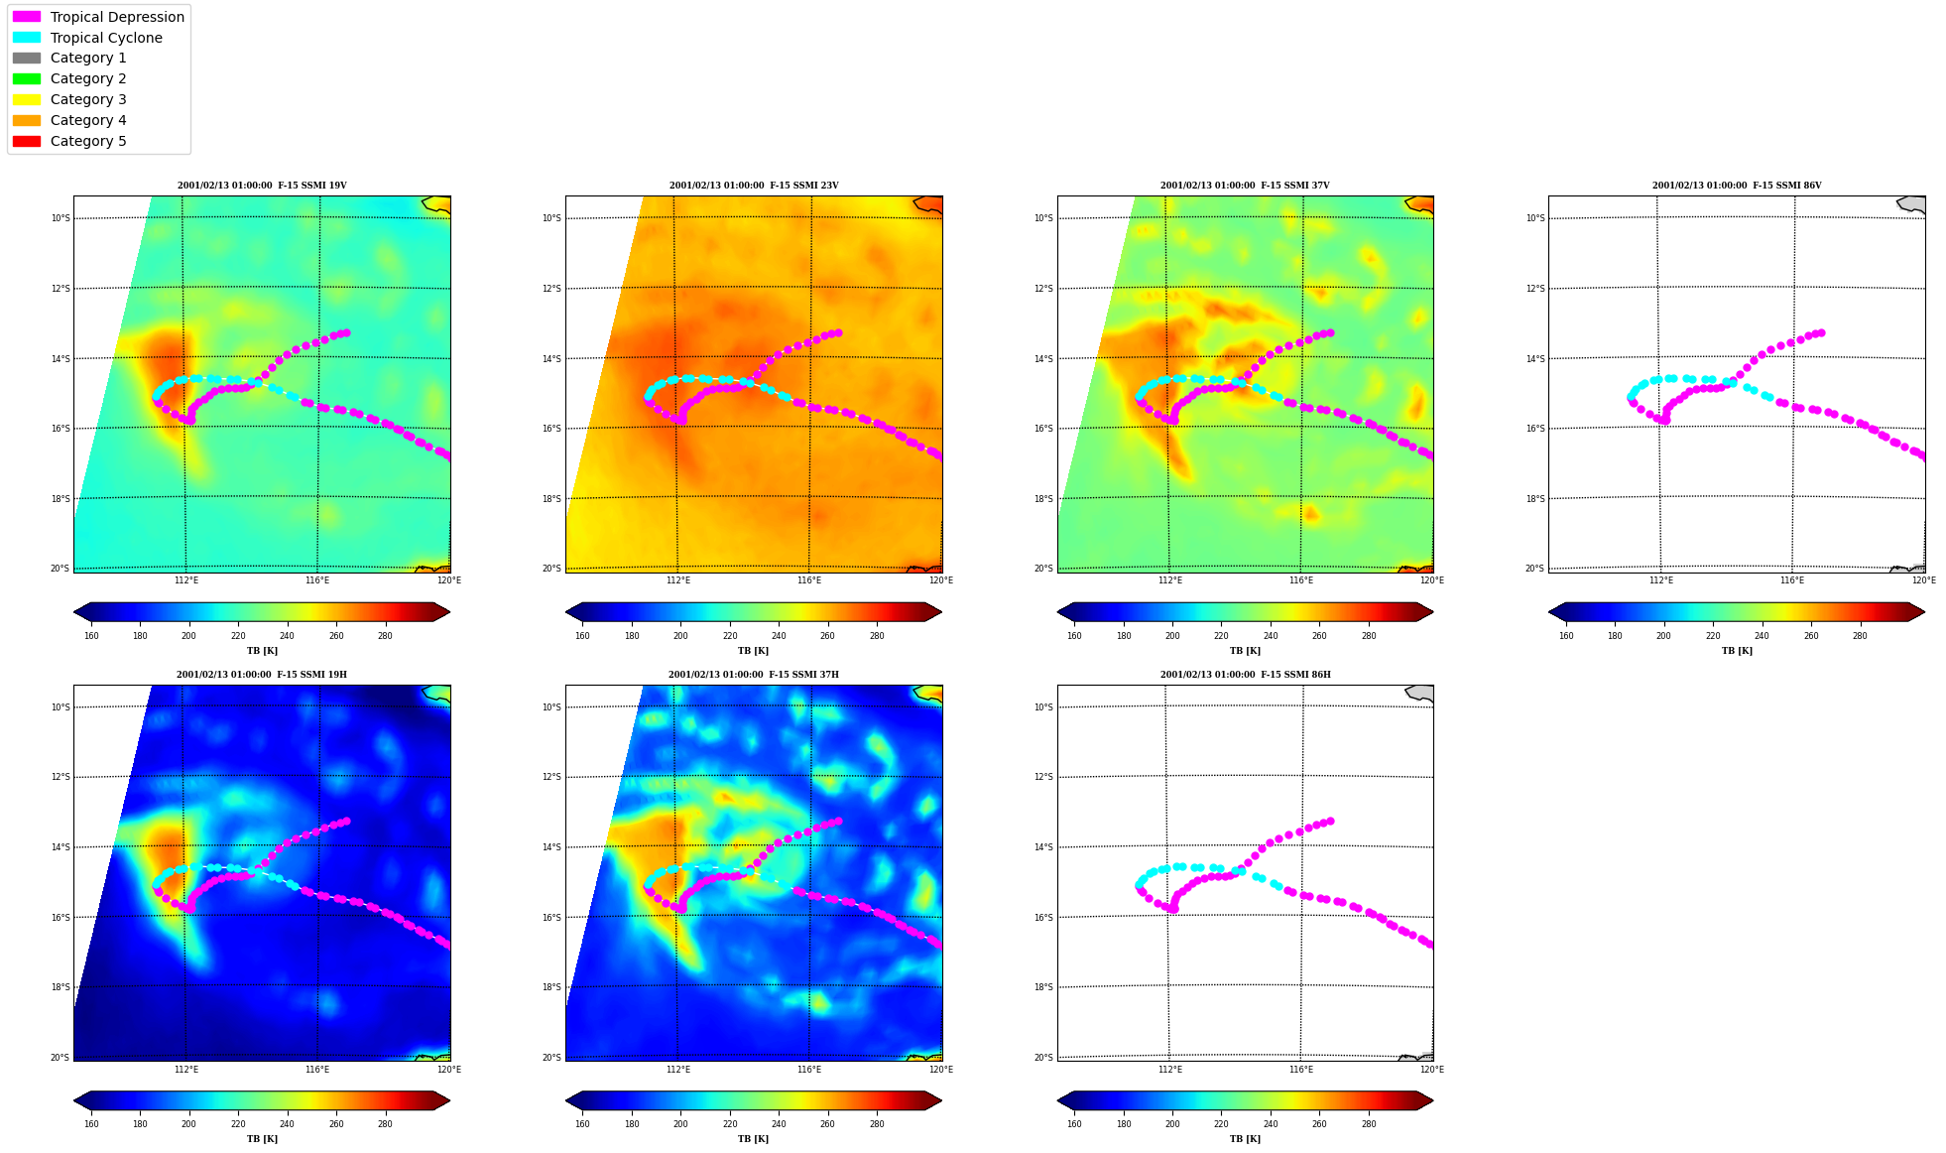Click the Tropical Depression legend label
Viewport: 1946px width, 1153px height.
(x=117, y=17)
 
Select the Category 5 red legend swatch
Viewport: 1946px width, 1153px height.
(x=27, y=141)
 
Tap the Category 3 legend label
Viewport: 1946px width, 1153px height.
(x=88, y=99)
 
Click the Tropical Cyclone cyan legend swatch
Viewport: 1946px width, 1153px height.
(x=27, y=38)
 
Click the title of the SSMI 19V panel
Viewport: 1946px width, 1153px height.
(x=262, y=186)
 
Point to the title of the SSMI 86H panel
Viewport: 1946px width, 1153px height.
(x=1246, y=675)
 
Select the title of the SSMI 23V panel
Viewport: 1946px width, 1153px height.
(x=754, y=186)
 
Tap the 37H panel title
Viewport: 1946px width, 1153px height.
(x=754, y=675)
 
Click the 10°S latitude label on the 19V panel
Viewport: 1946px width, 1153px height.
(x=61, y=218)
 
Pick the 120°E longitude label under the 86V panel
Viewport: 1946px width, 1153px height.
(x=1923, y=580)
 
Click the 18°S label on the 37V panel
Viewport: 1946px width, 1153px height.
(x=1044, y=499)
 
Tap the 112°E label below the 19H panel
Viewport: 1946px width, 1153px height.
(x=186, y=1070)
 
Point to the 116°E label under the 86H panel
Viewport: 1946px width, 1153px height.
(x=1301, y=1070)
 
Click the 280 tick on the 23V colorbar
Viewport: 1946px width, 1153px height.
(x=877, y=636)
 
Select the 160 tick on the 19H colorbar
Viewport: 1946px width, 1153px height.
(x=91, y=1124)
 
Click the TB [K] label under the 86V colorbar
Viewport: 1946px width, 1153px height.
(x=1737, y=651)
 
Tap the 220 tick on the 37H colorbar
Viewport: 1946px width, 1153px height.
(x=730, y=1124)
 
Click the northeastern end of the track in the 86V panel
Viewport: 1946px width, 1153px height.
(x=1821, y=333)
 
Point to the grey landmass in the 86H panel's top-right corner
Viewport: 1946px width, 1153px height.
(x=1420, y=693)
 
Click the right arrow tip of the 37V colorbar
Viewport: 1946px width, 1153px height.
(x=1433, y=612)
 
